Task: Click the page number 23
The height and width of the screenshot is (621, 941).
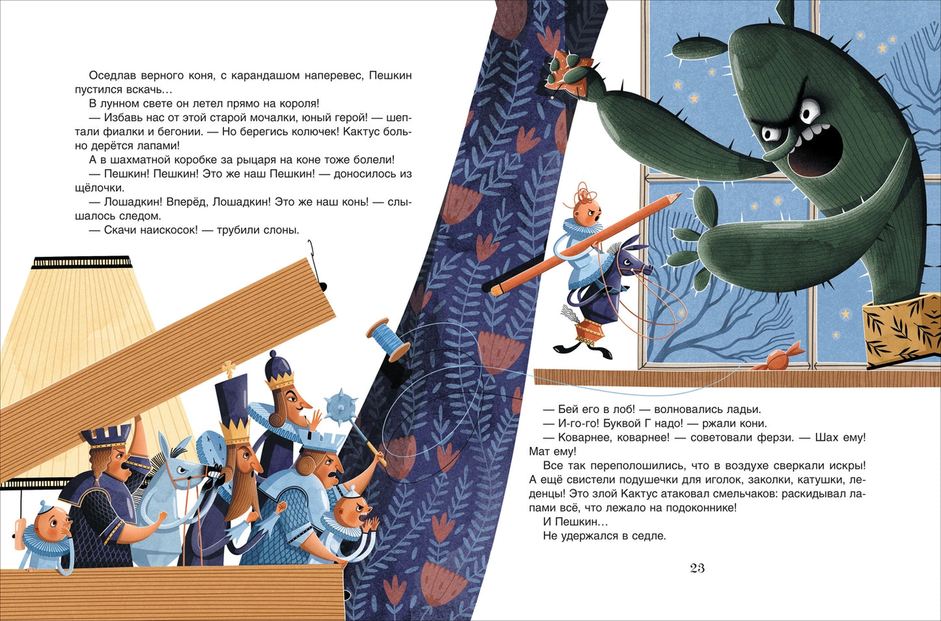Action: [x=697, y=568]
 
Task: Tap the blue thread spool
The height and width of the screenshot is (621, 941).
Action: [x=388, y=339]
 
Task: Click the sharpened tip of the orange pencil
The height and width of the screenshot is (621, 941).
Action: [x=678, y=195]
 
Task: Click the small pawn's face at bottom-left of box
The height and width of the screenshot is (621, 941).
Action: [x=53, y=525]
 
